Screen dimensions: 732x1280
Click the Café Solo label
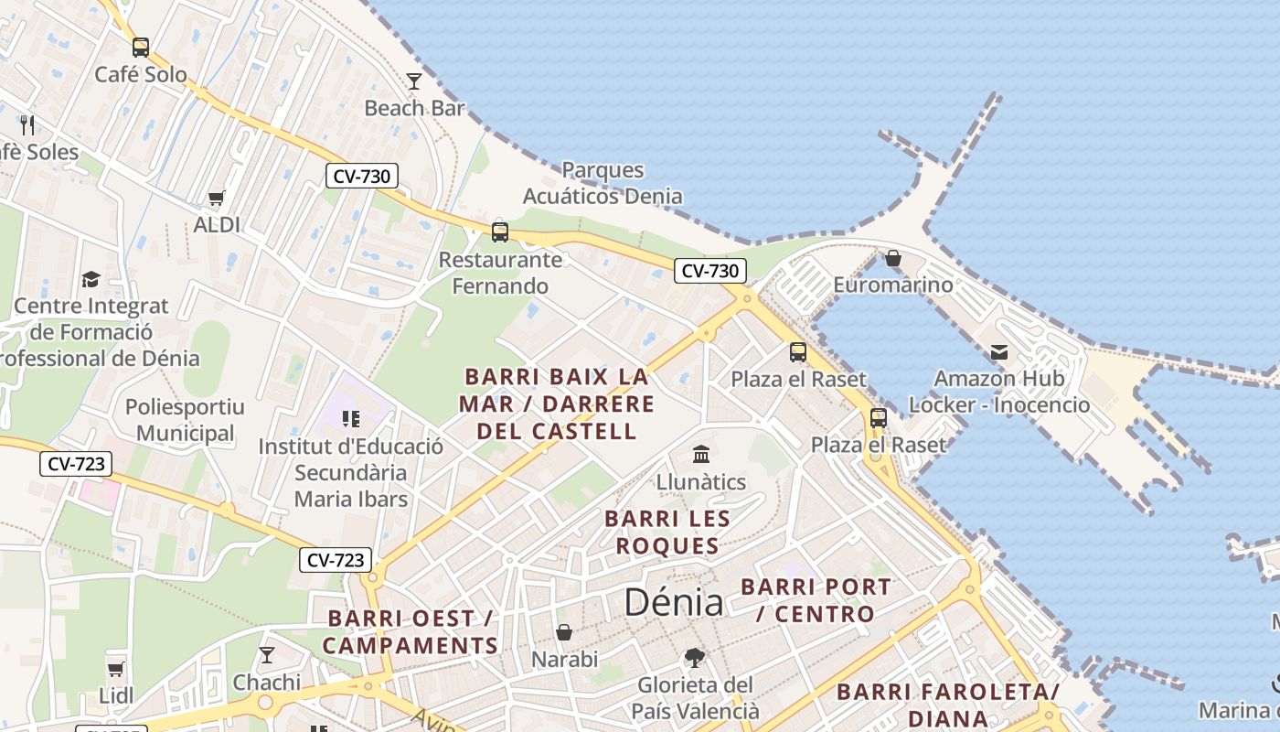tap(141, 74)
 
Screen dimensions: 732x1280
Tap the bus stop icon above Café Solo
tap(140, 47)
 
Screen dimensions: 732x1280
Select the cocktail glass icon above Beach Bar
tap(414, 81)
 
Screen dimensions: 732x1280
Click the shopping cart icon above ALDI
tap(217, 198)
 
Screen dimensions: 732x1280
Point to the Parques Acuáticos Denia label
tap(603, 183)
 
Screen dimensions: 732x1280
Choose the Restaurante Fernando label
tap(500, 273)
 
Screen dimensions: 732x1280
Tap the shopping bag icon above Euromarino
tap(893, 259)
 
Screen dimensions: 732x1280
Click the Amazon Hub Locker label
tap(998, 392)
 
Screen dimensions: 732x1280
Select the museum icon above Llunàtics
tap(701, 454)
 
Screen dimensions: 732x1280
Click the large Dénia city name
tap(674, 602)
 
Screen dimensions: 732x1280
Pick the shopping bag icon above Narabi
tap(564, 632)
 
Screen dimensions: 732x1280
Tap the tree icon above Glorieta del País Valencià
tap(695, 657)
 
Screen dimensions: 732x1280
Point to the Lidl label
tap(116, 695)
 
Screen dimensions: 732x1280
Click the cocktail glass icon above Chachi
tap(266, 655)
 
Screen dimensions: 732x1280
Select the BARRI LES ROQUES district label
tap(667, 533)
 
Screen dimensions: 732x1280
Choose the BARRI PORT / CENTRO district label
tap(816, 600)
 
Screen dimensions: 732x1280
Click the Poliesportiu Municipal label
tap(186, 420)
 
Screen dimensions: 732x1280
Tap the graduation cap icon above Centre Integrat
tap(91, 279)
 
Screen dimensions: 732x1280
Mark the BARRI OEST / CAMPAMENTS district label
tap(410, 632)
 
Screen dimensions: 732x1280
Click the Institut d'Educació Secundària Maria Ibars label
tap(351, 473)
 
